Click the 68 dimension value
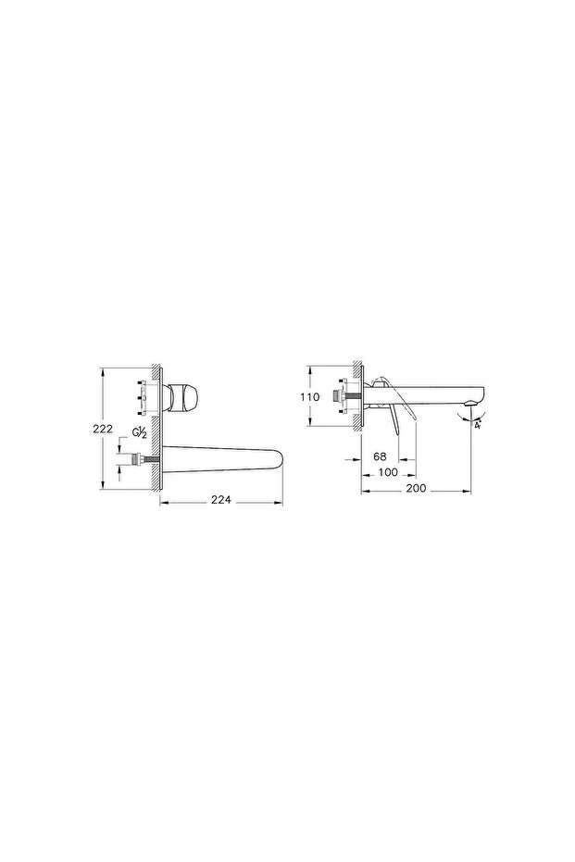pyautogui.click(x=380, y=456)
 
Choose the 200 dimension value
pyautogui.click(x=416, y=488)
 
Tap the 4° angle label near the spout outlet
pyautogui.click(x=477, y=426)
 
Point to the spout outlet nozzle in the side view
pyautogui.click(x=473, y=400)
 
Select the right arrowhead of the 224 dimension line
pyautogui.click(x=281, y=501)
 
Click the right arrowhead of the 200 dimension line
pyautogui.click(x=471, y=488)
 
